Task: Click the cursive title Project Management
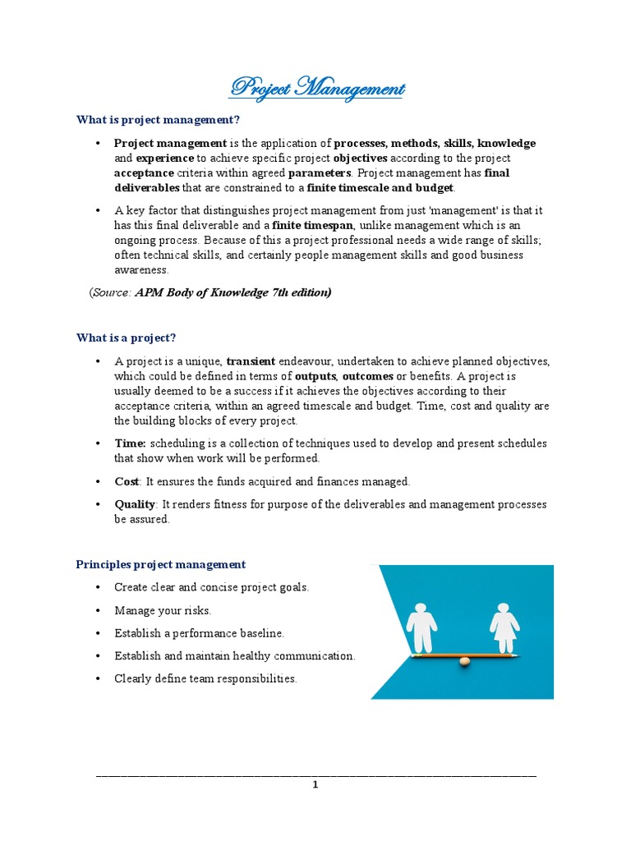tap(316, 88)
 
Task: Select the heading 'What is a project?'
tap(126, 338)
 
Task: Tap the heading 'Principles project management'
tap(160, 564)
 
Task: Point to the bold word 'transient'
tap(251, 361)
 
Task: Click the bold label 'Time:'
tap(130, 443)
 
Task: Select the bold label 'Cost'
tap(127, 481)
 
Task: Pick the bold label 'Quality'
tap(135, 504)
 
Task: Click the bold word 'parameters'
tap(320, 173)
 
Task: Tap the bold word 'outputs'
tap(315, 376)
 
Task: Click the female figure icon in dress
tap(504, 627)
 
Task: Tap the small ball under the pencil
tap(464, 661)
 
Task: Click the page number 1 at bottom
tap(315, 784)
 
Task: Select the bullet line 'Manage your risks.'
tap(163, 610)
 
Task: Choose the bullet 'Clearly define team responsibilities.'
tap(205, 679)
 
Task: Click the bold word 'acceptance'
tap(144, 173)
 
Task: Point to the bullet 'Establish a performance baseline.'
tap(199, 633)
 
